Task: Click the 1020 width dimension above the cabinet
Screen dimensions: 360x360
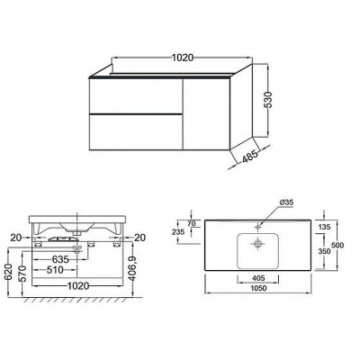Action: pyautogui.click(x=183, y=58)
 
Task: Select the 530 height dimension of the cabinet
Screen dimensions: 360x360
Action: pyautogui.click(x=268, y=101)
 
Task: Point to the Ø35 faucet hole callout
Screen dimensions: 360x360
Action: pyautogui.click(x=286, y=202)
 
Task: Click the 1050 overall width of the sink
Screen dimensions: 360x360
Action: pyautogui.click(x=258, y=288)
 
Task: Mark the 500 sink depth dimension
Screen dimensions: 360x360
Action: pyautogui.click(x=337, y=245)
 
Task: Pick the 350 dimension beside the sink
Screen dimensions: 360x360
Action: pyautogui.click(x=324, y=251)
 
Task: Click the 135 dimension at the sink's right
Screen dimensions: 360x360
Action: pyautogui.click(x=324, y=227)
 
